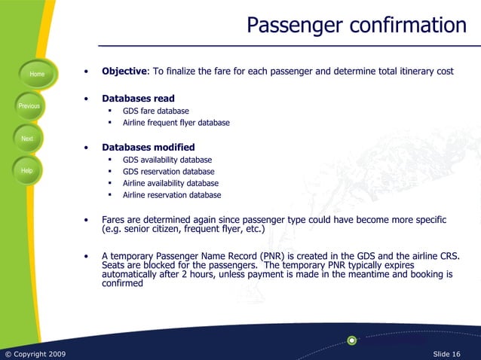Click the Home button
click(x=36, y=74)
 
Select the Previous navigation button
click(x=29, y=106)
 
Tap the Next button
click(x=27, y=139)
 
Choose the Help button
click(x=27, y=171)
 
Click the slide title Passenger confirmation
click(x=357, y=26)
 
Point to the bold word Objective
click(x=124, y=72)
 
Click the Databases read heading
click(x=138, y=99)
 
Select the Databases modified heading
click(x=148, y=148)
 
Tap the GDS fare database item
click(x=156, y=111)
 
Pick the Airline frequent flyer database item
click(x=176, y=123)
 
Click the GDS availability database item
click(x=167, y=160)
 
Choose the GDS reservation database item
click(x=168, y=172)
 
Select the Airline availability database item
click(x=170, y=183)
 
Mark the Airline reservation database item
click(x=172, y=195)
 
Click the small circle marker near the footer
click(x=352, y=340)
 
